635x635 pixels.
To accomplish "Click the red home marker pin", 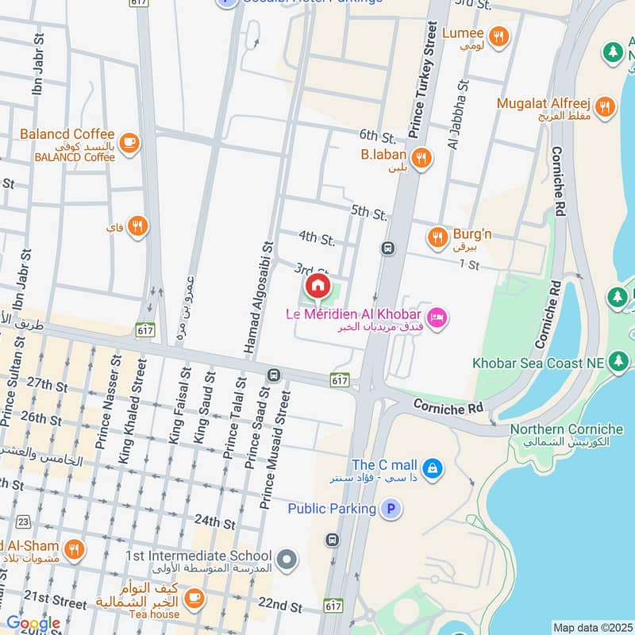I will pyautogui.click(x=317, y=286).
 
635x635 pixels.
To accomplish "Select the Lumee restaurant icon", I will pyautogui.click(x=498, y=36).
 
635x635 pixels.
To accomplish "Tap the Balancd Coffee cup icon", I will pyautogui.click(x=129, y=143).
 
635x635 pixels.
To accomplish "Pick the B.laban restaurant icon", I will pyautogui.click(x=421, y=158).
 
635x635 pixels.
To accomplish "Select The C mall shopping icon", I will pyautogui.click(x=432, y=468).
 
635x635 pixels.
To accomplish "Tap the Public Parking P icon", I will pyautogui.click(x=390, y=508).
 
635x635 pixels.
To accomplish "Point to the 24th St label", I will pyautogui.click(x=215, y=524).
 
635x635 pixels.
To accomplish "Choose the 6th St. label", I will pyautogui.click(x=377, y=136).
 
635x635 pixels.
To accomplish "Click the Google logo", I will pyautogui.click(x=33, y=623).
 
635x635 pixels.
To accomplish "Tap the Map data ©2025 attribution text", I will pyautogui.click(x=591, y=628).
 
